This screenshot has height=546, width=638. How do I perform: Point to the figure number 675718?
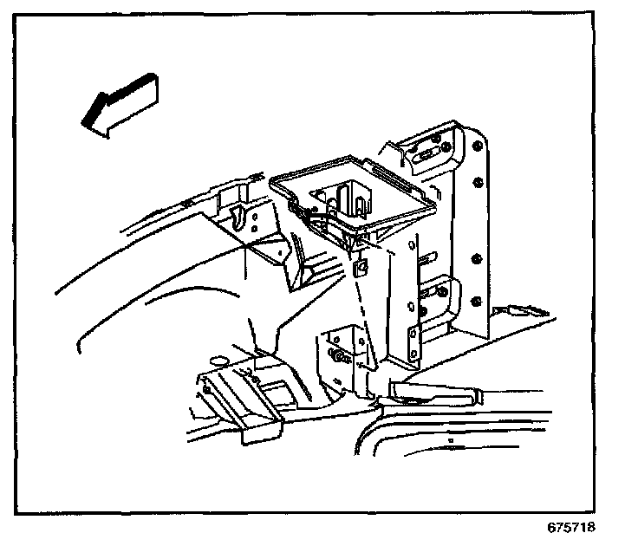click(x=571, y=526)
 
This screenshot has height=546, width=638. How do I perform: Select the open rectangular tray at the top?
click(x=351, y=195)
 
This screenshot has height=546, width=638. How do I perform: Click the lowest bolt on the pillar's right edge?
click(x=476, y=301)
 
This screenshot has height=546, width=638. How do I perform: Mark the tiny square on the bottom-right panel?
click(x=452, y=442)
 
